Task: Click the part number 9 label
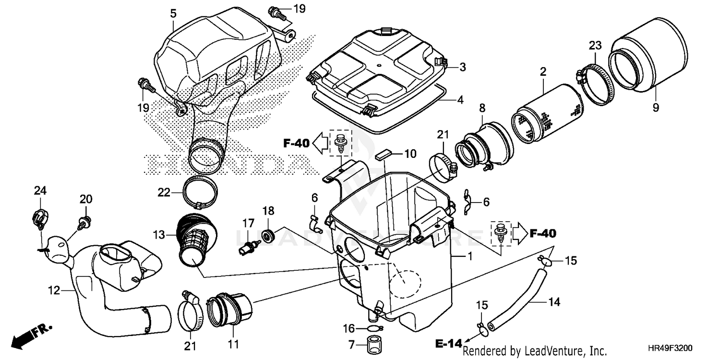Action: (656, 108)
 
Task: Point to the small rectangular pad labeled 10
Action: (384, 156)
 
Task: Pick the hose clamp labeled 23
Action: (593, 82)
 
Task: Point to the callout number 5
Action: (173, 14)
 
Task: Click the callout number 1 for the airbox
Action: (470, 257)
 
